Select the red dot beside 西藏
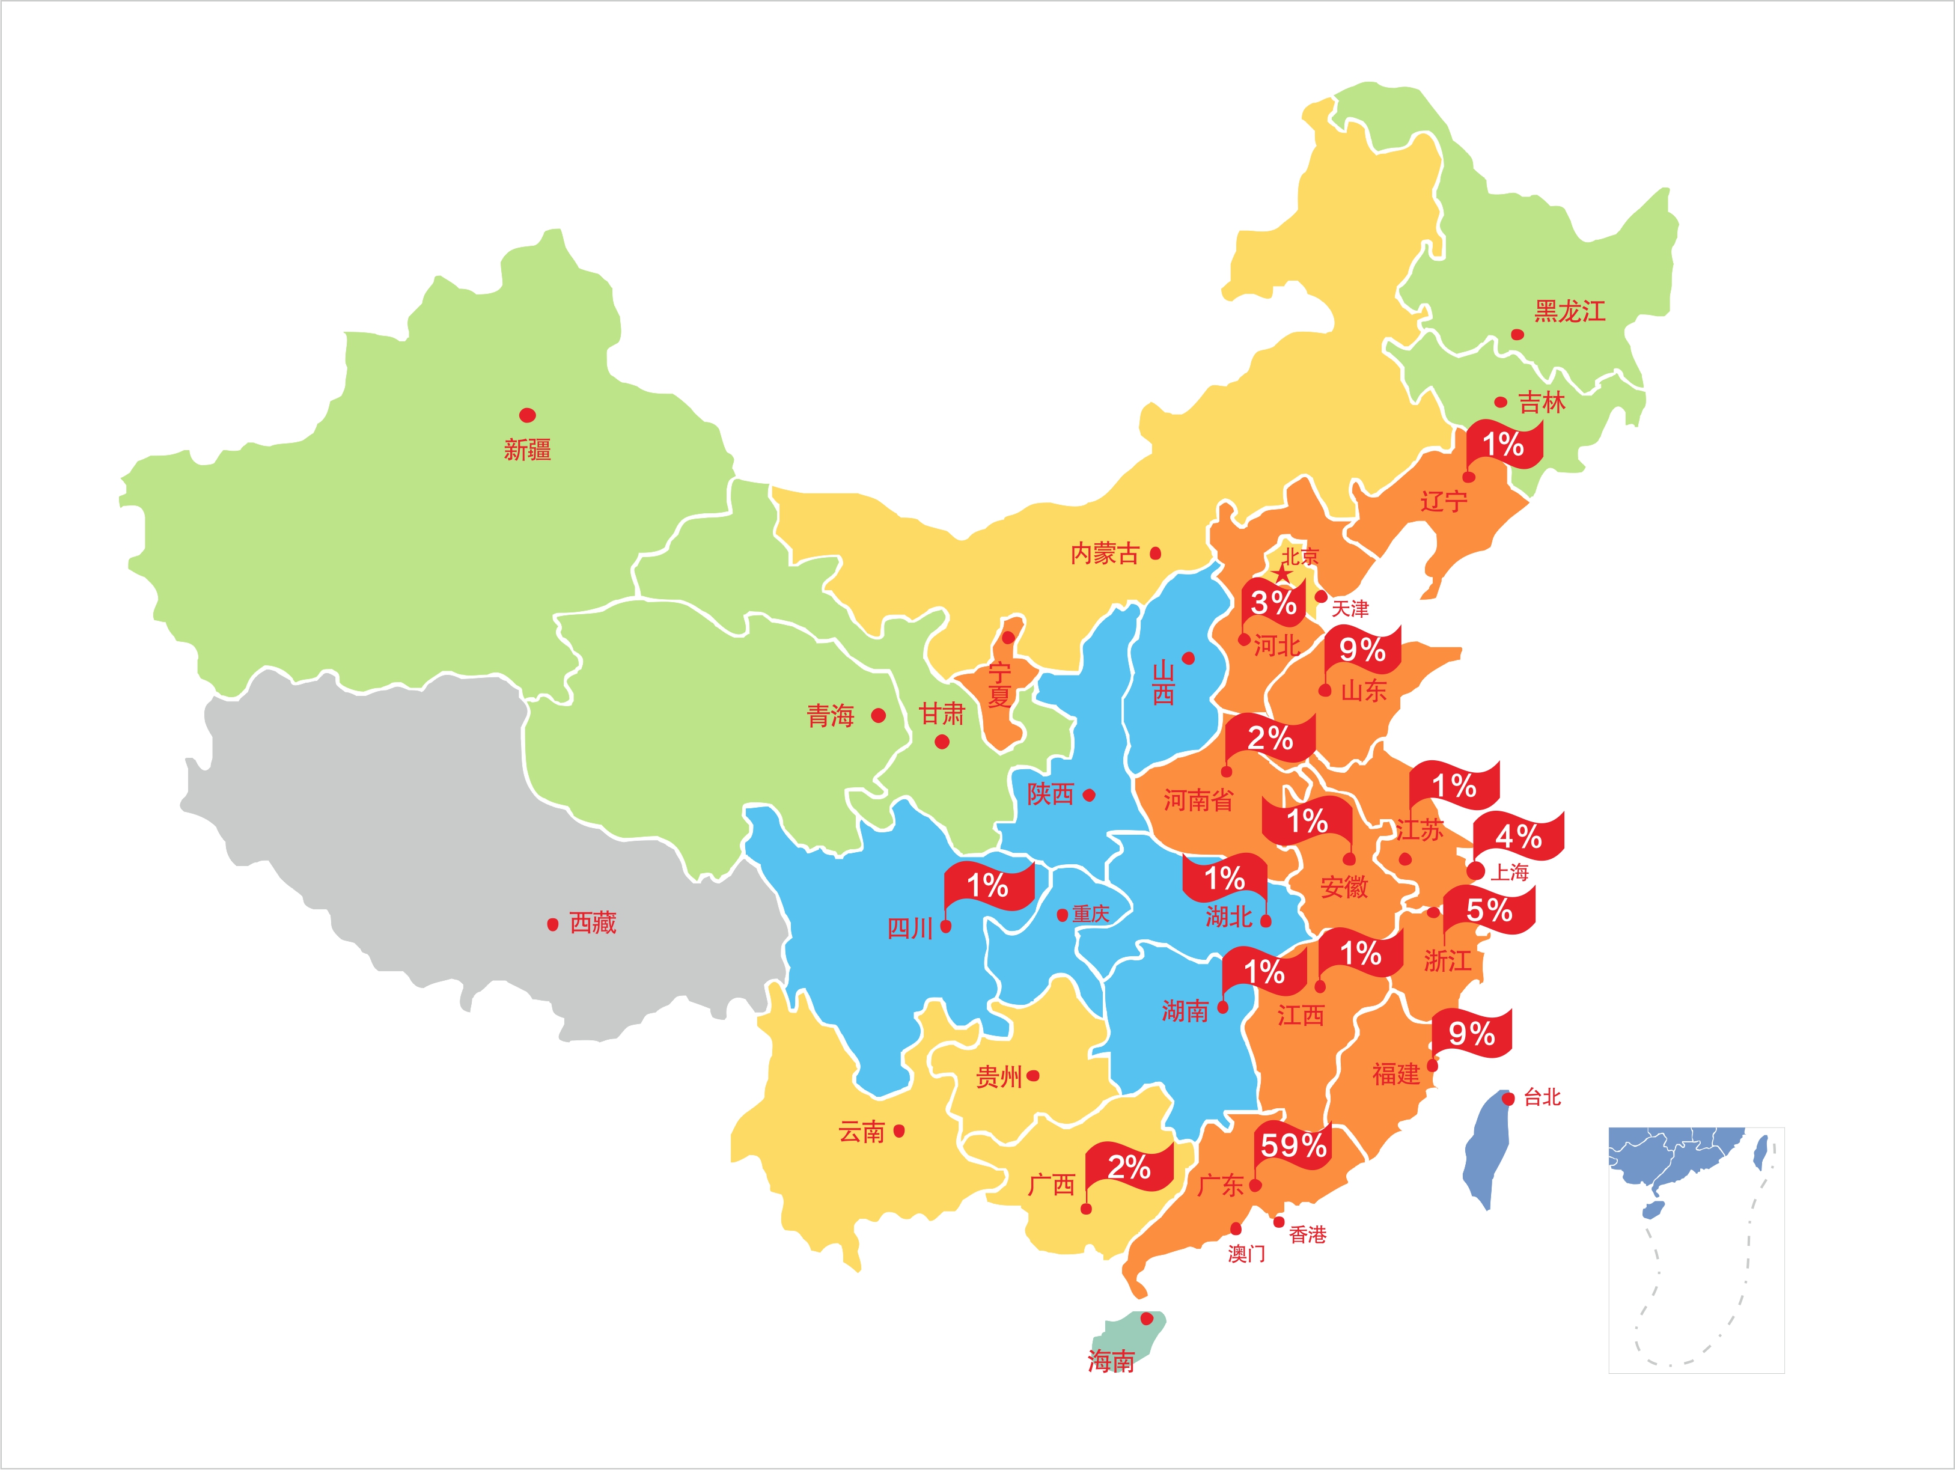click(552, 924)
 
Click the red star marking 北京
click(1282, 575)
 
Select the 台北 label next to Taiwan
click(1542, 1098)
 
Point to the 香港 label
click(1307, 1235)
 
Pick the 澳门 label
click(1246, 1254)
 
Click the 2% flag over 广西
click(1129, 1168)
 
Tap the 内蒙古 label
click(1104, 554)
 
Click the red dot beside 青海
click(877, 715)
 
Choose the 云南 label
click(861, 1132)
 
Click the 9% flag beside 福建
click(1472, 1033)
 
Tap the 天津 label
click(1350, 608)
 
